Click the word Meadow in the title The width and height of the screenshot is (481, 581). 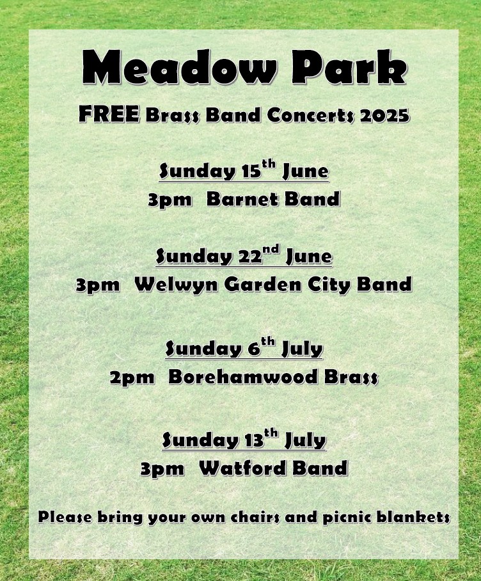pos(179,67)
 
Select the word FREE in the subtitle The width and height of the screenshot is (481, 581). pos(109,114)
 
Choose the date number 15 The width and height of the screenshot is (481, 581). pos(251,171)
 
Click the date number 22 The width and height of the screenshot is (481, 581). pos(250,257)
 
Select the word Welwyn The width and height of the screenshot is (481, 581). pos(177,285)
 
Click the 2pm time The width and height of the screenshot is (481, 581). pos(132,378)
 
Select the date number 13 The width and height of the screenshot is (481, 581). pos(254,440)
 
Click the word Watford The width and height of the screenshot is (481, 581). pos(242,468)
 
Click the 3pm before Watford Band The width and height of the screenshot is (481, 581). pos(162,469)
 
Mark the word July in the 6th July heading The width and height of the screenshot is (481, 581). pos(302,349)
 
